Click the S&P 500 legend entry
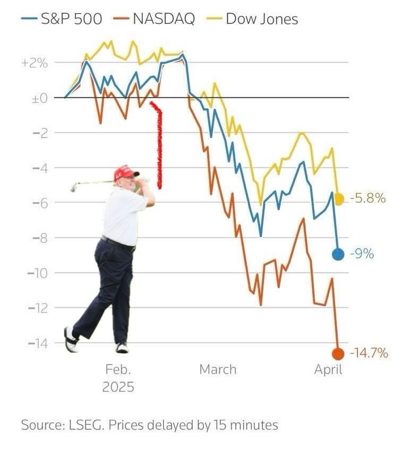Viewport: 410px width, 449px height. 71,19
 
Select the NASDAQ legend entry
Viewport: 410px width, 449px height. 163,19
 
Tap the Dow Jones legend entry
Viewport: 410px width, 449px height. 261,19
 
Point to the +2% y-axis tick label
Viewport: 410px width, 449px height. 35,63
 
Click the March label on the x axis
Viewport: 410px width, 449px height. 218,369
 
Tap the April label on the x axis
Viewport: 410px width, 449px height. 328,369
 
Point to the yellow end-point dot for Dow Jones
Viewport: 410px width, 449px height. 339,200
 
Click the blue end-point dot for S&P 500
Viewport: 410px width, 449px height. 338,254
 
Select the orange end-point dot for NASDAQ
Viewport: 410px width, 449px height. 338,353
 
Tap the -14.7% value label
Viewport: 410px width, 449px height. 369,353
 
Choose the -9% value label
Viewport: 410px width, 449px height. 362,254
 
